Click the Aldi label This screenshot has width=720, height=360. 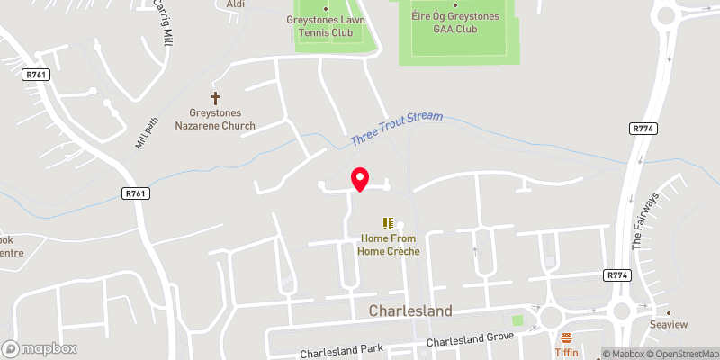(x=236, y=4)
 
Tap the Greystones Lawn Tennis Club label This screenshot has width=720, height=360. (x=325, y=26)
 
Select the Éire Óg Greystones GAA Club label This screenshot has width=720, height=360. (x=454, y=22)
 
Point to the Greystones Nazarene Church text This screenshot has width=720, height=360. (x=221, y=119)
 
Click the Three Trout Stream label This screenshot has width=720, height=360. (x=399, y=128)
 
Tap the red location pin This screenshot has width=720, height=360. (x=360, y=179)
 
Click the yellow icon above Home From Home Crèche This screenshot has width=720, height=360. (x=389, y=222)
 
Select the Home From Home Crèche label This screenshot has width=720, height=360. (x=389, y=245)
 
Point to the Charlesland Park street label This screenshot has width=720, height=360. (x=343, y=349)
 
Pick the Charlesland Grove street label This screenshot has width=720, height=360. (x=470, y=340)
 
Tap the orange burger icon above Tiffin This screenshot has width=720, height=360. (x=566, y=338)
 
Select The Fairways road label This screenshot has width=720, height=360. (x=645, y=220)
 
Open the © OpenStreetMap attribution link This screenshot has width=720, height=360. (x=681, y=354)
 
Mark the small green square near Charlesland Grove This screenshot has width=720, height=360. (x=517, y=319)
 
